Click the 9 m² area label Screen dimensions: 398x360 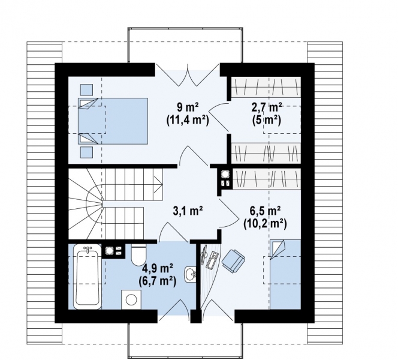[x=188, y=107]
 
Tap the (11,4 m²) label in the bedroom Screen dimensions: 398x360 [x=188, y=120]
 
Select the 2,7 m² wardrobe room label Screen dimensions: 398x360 [x=267, y=107]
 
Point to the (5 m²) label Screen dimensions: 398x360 [x=267, y=120]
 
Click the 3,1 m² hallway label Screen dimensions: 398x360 [x=188, y=211]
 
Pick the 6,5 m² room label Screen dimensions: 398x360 [x=265, y=211]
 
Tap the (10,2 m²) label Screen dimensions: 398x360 [x=265, y=224]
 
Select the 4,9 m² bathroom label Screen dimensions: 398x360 [x=158, y=268]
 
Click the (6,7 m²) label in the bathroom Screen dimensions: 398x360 [x=158, y=281]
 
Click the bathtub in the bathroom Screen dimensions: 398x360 [x=87, y=277]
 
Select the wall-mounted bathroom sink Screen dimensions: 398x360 [x=190, y=274]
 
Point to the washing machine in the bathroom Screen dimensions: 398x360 [x=131, y=299]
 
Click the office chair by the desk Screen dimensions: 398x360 [x=233, y=261]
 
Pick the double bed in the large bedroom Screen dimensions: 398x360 [x=113, y=121]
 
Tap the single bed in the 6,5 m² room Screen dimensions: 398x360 [x=285, y=274]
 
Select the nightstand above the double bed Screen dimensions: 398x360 [x=86, y=89]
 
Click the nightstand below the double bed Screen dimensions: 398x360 [x=86, y=152]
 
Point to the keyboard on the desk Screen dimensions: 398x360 [x=212, y=260]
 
